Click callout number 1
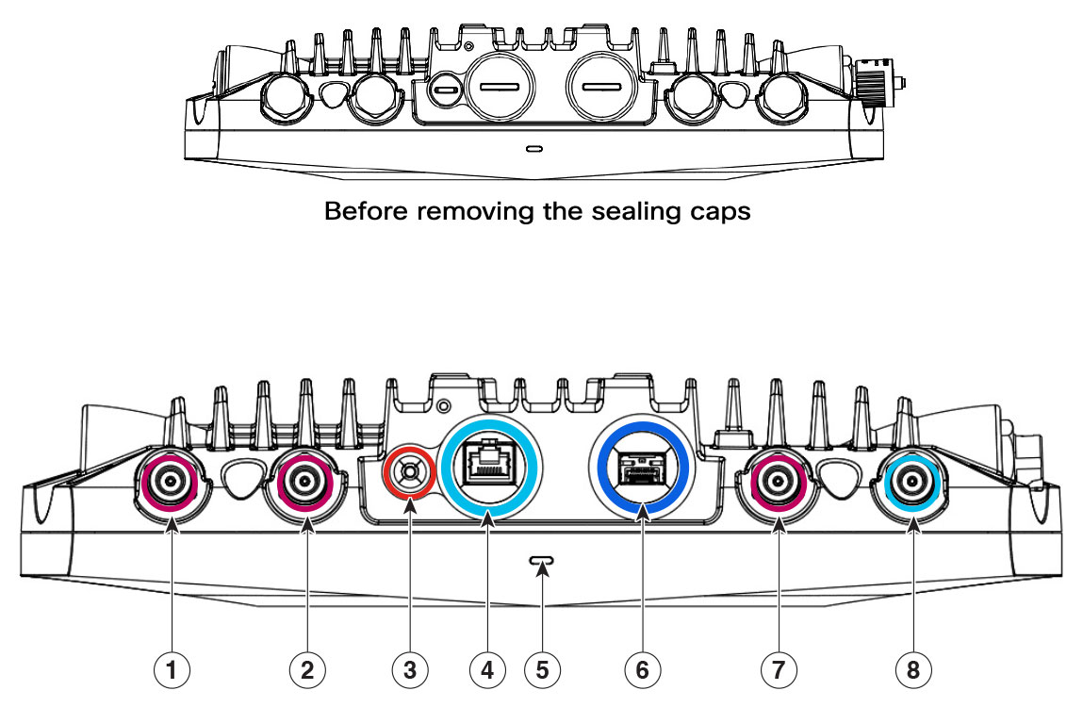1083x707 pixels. pos(172,669)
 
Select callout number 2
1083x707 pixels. pos(307,669)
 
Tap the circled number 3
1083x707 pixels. pos(410,669)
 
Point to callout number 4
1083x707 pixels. pos(487,669)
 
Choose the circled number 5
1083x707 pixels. pos(542,669)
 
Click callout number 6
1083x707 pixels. pos(642,669)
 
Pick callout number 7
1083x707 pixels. pos(779,669)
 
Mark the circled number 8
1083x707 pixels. pos(913,669)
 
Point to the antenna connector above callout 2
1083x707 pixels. pos(304,482)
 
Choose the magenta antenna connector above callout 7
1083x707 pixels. pos(779,482)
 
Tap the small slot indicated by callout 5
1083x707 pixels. pos(542,560)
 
